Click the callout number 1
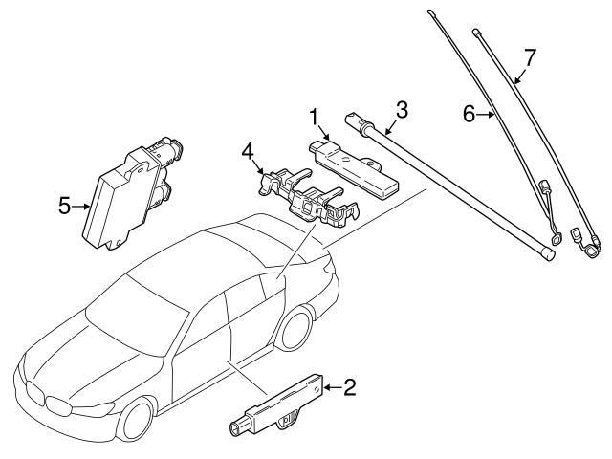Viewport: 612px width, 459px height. pos(312,118)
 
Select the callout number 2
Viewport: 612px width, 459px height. pos(349,387)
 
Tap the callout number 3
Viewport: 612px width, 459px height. pos(402,110)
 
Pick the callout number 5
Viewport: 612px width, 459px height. pos(64,205)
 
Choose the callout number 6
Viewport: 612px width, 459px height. pos(469,114)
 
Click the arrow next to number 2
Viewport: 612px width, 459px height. pos(330,387)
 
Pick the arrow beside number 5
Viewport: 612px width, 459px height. pos(81,205)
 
